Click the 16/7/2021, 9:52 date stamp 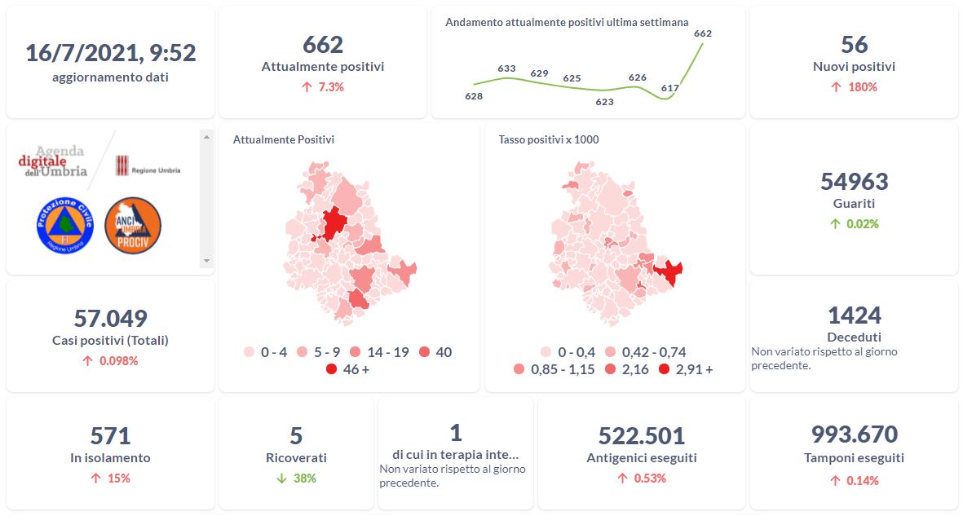click(111, 53)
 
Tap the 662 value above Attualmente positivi click(323, 44)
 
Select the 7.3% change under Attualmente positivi click(323, 86)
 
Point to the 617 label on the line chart click(670, 87)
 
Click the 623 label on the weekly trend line click(604, 102)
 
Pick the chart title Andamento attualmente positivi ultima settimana click(567, 22)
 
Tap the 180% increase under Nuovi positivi click(854, 86)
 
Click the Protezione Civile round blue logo click(65, 225)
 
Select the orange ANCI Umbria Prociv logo click(133, 225)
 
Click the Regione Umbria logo click(148, 166)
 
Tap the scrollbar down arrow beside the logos click(206, 261)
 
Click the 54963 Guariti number click(854, 181)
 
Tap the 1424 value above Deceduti click(854, 315)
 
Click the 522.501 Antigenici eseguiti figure click(642, 435)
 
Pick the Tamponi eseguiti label click(854, 458)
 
